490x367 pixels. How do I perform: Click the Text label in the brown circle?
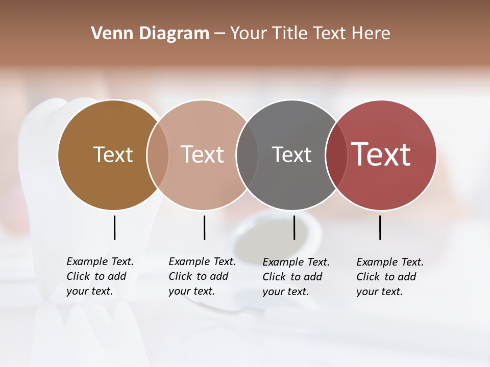[113, 154]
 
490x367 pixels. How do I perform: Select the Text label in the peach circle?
[202, 154]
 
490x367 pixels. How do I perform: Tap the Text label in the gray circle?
[291, 154]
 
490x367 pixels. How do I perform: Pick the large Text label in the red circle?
[381, 154]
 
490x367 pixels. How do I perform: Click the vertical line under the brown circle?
[114, 227]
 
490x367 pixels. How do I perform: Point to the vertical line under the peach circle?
[204, 227]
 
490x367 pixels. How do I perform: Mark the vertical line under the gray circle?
[294, 227]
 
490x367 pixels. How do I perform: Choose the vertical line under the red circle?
[380, 227]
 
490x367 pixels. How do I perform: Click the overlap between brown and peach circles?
[158, 155]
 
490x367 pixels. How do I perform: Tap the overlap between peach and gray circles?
[247, 155]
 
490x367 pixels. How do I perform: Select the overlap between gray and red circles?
[336, 155]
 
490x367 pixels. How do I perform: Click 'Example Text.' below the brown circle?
[100, 261]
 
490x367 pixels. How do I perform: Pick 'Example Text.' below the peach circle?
[202, 261]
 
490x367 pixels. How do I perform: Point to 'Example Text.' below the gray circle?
[296, 262]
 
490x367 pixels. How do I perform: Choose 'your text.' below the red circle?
[379, 292]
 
